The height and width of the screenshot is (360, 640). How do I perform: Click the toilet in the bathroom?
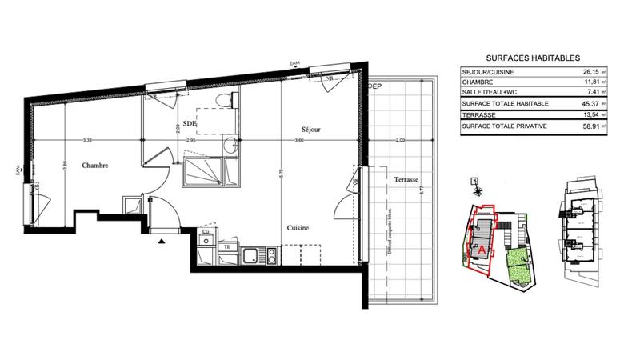[x=230, y=100]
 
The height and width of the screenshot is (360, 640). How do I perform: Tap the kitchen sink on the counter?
[x=252, y=255]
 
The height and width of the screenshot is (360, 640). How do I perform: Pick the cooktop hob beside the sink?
[x=272, y=255]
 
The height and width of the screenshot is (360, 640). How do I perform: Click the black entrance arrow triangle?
[x=162, y=240]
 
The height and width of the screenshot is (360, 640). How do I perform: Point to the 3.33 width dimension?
[x=86, y=141]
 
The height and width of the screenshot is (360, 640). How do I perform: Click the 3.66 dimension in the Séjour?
[x=298, y=141]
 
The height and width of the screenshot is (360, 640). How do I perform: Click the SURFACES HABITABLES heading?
[x=534, y=57]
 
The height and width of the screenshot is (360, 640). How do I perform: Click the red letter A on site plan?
[x=482, y=249]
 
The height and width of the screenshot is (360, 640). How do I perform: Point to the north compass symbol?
[x=478, y=190]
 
